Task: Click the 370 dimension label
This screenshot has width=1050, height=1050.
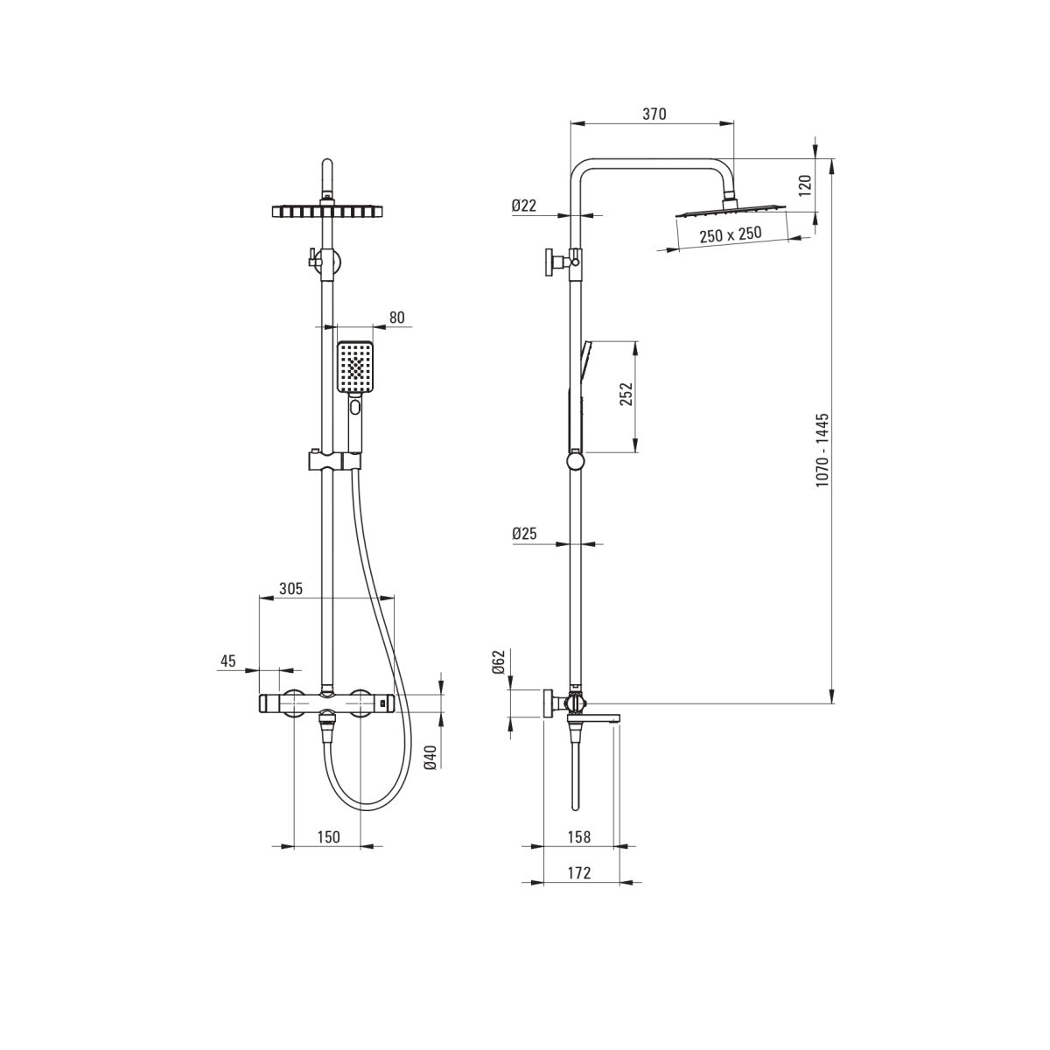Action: pos(654,114)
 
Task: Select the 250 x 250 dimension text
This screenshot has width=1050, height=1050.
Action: pos(731,234)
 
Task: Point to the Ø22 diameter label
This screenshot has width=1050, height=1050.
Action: pos(524,206)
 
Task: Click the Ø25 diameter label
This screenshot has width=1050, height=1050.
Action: pos(524,534)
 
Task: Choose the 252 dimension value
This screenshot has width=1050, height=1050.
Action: pos(626,394)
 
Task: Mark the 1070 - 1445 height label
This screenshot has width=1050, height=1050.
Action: pos(822,450)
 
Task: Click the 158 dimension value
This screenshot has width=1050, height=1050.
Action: pos(578,836)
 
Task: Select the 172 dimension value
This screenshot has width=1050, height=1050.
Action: pos(578,873)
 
